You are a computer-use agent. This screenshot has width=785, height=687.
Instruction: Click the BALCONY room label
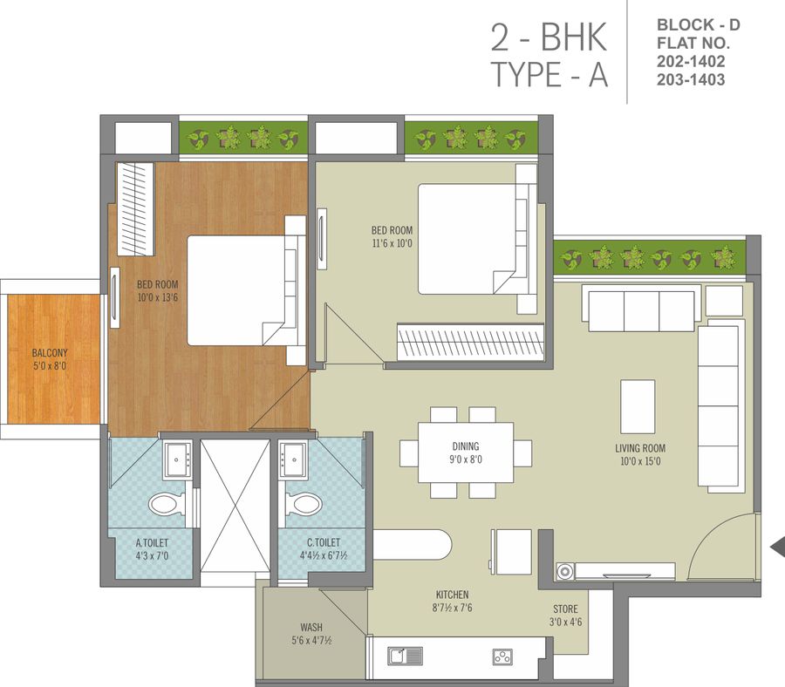tap(50, 352)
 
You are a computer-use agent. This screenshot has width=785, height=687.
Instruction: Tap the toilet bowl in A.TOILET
tap(167, 503)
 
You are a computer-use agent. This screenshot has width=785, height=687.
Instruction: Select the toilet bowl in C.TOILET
tap(302, 503)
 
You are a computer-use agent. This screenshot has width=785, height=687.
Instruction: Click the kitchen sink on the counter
tap(406, 655)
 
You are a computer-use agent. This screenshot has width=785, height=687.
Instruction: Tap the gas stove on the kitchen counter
tap(502, 655)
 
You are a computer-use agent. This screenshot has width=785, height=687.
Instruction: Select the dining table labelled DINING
tap(466, 452)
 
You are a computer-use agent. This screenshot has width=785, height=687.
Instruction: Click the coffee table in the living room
tap(638, 408)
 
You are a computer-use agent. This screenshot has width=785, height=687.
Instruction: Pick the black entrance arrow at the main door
tap(776, 547)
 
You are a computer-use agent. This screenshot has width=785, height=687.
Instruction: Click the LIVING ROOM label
tap(639, 448)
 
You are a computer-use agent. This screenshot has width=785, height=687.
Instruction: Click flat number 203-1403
tap(691, 79)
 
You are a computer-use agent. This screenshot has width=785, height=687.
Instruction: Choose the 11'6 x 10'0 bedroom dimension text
tap(392, 243)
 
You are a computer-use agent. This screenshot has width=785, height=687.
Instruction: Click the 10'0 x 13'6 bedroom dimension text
tap(157, 297)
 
